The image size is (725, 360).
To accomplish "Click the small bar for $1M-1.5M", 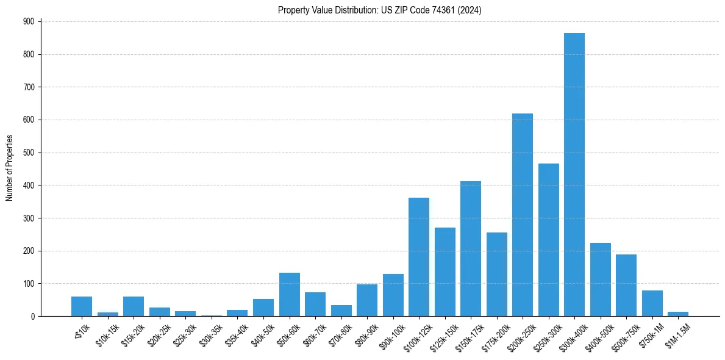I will pos(677,314).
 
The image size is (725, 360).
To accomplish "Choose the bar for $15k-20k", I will pos(134,306).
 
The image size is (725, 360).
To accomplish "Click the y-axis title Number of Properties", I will pos(9,168).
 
